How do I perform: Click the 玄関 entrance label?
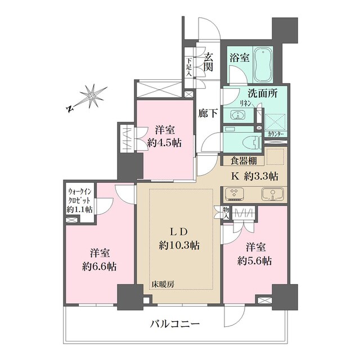[x=208, y=62]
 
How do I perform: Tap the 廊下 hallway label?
[x=206, y=112]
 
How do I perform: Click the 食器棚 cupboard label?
[x=236, y=160]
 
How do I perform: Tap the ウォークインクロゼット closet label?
[x=80, y=201]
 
